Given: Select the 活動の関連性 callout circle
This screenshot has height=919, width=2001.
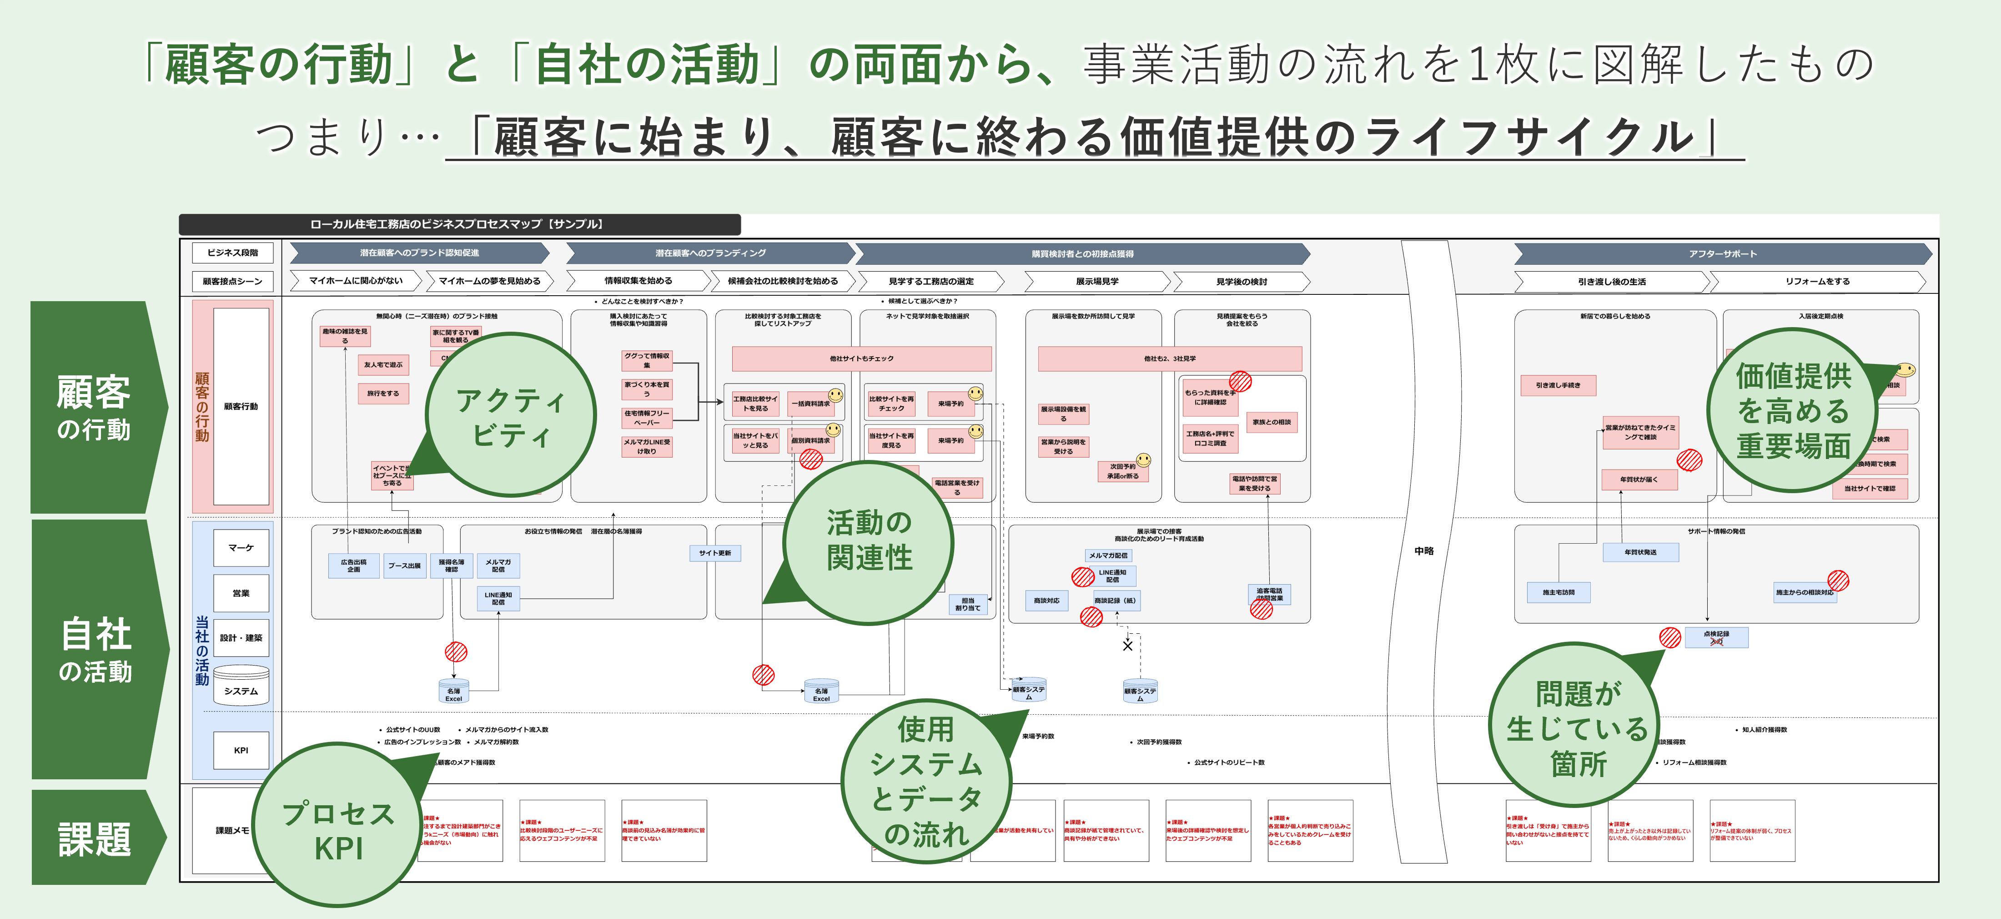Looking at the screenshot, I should [869, 541].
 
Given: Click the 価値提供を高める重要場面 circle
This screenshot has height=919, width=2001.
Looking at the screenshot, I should [1793, 410].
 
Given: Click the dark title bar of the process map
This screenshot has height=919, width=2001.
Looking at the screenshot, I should [458, 224].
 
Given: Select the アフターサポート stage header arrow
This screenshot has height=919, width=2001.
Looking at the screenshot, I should [1721, 254].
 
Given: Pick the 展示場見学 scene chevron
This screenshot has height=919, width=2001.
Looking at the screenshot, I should [1097, 281].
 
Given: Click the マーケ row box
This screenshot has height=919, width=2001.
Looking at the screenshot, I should [241, 548].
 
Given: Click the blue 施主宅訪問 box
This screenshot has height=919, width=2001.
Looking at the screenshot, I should [1558, 592].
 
